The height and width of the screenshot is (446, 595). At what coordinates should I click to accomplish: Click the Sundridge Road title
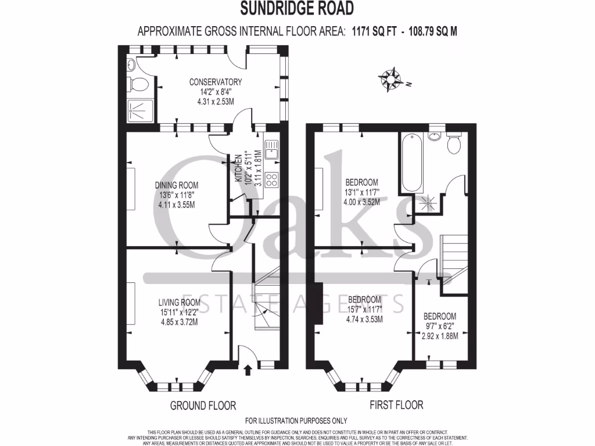(x=297, y=9)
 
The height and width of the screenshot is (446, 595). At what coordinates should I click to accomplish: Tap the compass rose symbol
(x=392, y=80)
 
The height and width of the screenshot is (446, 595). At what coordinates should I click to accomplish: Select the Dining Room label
(x=176, y=185)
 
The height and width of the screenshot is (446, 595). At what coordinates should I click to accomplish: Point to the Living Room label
(x=179, y=302)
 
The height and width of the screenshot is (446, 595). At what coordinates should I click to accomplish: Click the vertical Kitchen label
(x=239, y=169)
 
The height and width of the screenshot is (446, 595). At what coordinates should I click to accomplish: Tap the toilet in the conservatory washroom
(x=138, y=84)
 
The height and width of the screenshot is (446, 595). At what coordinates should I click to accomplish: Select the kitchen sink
(x=271, y=150)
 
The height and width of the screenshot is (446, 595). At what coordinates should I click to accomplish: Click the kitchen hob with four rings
(x=271, y=180)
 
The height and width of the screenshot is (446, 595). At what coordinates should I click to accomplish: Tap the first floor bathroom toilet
(x=454, y=143)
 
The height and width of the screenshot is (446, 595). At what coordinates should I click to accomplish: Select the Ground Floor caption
(x=203, y=405)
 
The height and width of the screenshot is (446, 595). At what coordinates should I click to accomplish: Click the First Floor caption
(x=396, y=405)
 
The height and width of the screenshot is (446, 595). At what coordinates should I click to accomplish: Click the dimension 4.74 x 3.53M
(x=364, y=318)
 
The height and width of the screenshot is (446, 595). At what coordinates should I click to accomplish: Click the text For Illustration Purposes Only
(x=296, y=420)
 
